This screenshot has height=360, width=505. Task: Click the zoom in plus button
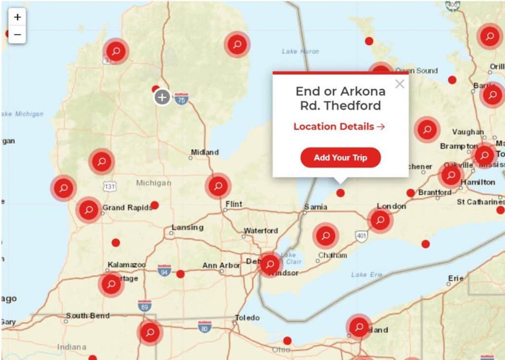tap(17, 17)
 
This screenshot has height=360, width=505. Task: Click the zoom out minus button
tap(17, 35)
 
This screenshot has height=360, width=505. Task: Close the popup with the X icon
tap(399, 84)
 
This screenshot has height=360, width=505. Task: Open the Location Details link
tap(339, 126)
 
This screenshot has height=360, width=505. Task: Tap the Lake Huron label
tap(300, 51)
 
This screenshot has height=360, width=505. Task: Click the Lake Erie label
tap(366, 274)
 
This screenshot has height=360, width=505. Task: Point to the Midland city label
tap(205, 152)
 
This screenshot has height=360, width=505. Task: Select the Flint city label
tap(234, 204)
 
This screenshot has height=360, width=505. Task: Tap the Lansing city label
tap(187, 227)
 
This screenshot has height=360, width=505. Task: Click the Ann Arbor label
tap(221, 265)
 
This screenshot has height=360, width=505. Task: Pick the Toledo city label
tap(247, 318)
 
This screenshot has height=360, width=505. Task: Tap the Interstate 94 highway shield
tap(164, 270)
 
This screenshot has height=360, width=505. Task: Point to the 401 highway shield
tap(361, 236)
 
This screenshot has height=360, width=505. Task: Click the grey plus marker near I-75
tap(162, 97)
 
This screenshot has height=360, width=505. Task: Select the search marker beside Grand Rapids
tap(89, 210)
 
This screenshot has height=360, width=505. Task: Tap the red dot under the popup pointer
tap(340, 193)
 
